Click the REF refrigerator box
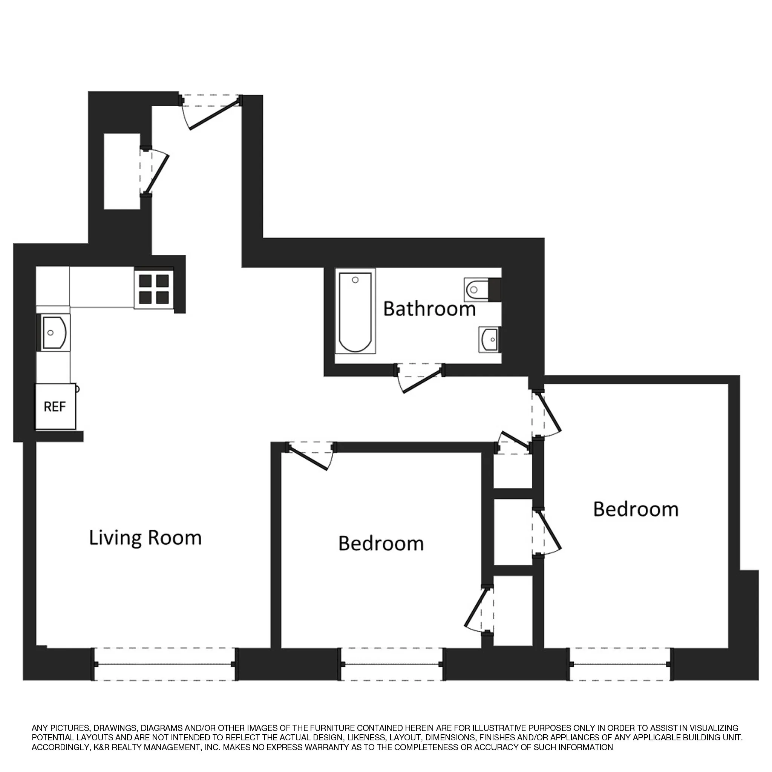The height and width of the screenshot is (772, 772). (55, 406)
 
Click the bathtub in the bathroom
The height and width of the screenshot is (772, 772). (355, 311)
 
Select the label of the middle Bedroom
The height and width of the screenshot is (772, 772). (381, 544)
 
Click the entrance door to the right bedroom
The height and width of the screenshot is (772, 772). (548, 415)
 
